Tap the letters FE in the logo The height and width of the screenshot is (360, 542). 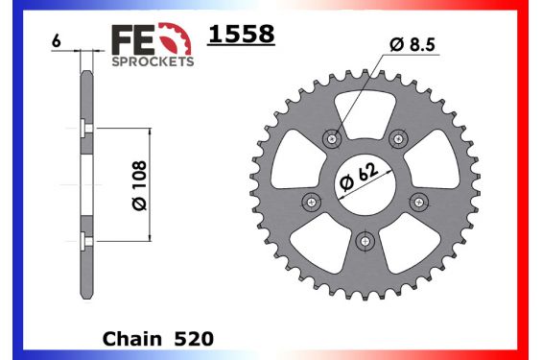[133, 41]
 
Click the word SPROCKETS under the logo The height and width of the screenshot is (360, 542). [153, 60]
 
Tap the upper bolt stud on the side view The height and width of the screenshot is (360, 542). [87, 131]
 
